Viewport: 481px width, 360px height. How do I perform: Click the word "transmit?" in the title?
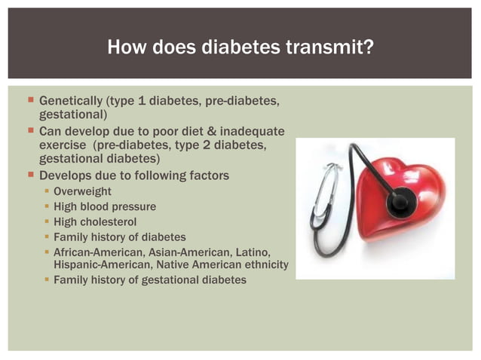(x=330, y=48)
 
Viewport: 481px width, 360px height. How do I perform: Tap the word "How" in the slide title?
(x=124, y=48)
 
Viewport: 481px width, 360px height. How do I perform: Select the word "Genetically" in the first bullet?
(x=71, y=100)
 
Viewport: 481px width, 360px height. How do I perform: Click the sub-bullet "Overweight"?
(x=82, y=192)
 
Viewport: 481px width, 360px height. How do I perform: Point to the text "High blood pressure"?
(x=105, y=206)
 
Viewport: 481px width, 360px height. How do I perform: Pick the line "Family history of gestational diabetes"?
(x=149, y=280)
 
